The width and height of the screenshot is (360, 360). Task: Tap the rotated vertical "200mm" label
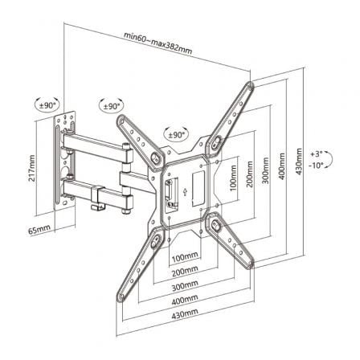(250, 174)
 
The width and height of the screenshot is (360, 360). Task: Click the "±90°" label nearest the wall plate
(47, 103)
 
